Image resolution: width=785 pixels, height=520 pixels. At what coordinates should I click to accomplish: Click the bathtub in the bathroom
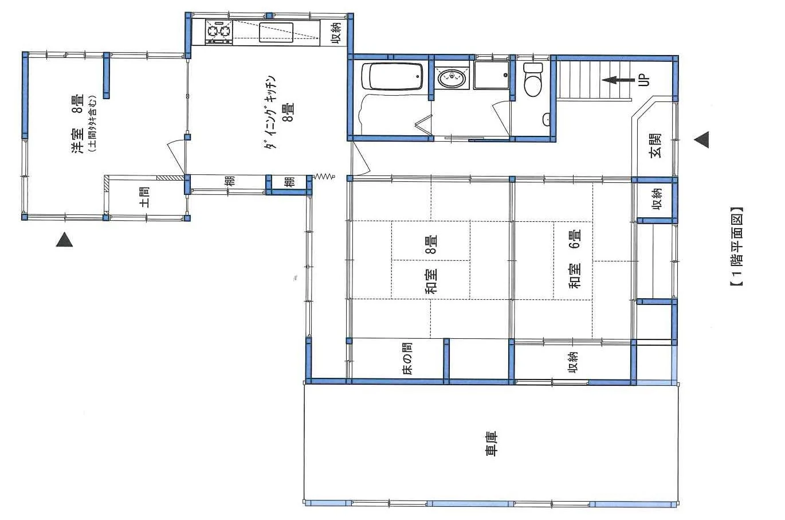click(x=392, y=76)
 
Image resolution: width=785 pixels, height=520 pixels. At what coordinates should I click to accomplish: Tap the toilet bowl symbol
click(x=533, y=79)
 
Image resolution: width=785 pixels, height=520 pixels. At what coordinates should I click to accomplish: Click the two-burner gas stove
click(x=218, y=32)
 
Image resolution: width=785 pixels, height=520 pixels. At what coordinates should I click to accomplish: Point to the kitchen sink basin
click(x=276, y=33)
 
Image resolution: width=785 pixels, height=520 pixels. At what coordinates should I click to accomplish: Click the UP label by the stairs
click(x=644, y=80)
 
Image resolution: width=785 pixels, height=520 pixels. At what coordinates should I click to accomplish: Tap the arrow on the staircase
click(x=618, y=80)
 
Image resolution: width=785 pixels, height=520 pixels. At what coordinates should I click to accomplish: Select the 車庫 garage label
click(x=491, y=444)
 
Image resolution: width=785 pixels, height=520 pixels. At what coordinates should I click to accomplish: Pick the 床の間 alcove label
click(x=407, y=358)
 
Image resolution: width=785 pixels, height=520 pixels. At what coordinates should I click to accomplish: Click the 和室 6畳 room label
click(x=575, y=259)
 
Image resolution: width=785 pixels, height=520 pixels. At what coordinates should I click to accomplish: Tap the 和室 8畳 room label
click(x=431, y=265)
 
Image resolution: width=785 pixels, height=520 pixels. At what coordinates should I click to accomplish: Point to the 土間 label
click(x=145, y=197)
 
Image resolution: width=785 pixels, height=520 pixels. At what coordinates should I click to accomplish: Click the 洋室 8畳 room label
click(x=78, y=124)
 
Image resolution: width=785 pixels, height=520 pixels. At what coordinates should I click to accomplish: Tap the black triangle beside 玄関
click(x=701, y=140)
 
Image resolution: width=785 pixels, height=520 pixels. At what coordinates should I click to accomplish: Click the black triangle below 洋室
click(x=65, y=239)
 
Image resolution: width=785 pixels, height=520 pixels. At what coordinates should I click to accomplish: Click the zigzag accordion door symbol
click(x=324, y=177)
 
